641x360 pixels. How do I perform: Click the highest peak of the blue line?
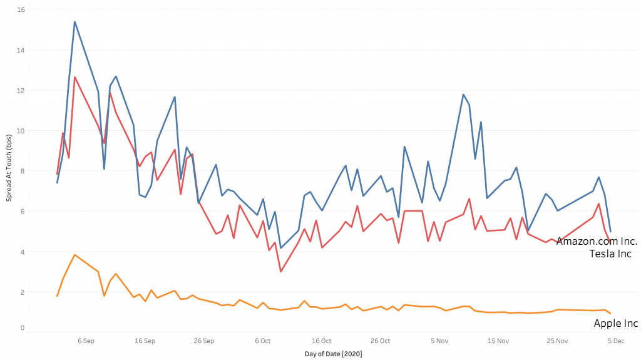pos(74,22)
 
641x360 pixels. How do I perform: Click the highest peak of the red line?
pos(74,77)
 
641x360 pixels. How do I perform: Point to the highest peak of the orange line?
pos(74,255)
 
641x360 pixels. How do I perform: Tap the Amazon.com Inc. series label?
pos(597,241)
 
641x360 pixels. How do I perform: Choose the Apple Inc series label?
pos(615,324)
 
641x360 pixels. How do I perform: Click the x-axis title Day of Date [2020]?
pos(333,354)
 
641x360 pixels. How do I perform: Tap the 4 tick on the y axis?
pos(23,252)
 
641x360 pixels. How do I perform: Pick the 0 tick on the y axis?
pos(23,327)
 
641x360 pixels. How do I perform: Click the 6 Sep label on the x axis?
pos(86,341)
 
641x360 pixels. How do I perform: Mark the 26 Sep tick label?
pos(204,341)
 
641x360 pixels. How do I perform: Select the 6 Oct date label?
pos(263,341)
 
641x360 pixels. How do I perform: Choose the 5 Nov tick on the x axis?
pos(439,341)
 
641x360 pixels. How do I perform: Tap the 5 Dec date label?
pos(616,341)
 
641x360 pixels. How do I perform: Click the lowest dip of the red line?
pos(280,271)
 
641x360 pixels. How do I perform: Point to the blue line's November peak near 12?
pos(463,95)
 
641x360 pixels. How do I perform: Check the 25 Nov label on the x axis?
pos(557,341)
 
